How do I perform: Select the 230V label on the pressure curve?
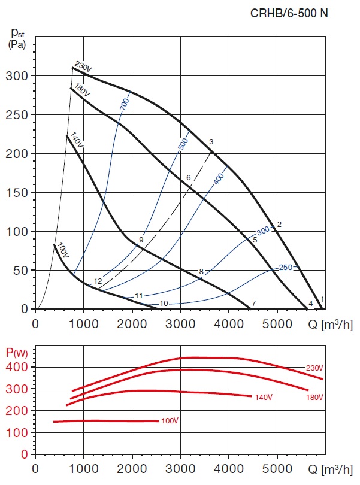point(83,68)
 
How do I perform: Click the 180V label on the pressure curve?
point(81,91)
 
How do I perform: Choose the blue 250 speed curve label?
point(285,267)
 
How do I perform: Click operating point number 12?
point(98,281)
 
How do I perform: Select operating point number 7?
point(254,304)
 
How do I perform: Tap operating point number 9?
point(141,240)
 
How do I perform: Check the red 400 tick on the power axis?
point(20,367)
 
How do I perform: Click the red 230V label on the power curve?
point(314,368)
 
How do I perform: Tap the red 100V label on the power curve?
point(170,421)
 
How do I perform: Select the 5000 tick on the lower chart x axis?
point(277,467)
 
